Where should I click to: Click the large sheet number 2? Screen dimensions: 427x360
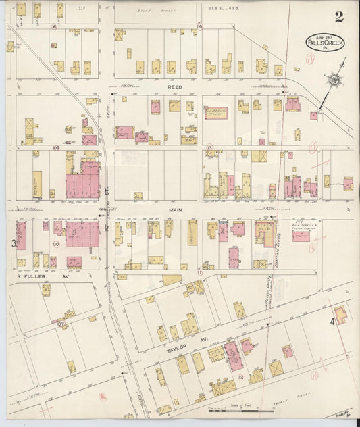coord(338,18)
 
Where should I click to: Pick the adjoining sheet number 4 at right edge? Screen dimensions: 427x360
coord(332,322)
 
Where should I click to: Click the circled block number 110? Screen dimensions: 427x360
coord(57,244)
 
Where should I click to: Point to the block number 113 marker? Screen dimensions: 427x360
coord(210,147)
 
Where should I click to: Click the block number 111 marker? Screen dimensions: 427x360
coord(199,272)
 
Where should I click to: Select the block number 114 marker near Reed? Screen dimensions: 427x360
coord(200,26)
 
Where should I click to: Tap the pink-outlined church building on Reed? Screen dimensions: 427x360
coord(216,112)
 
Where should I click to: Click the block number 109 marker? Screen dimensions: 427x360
coord(57,147)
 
